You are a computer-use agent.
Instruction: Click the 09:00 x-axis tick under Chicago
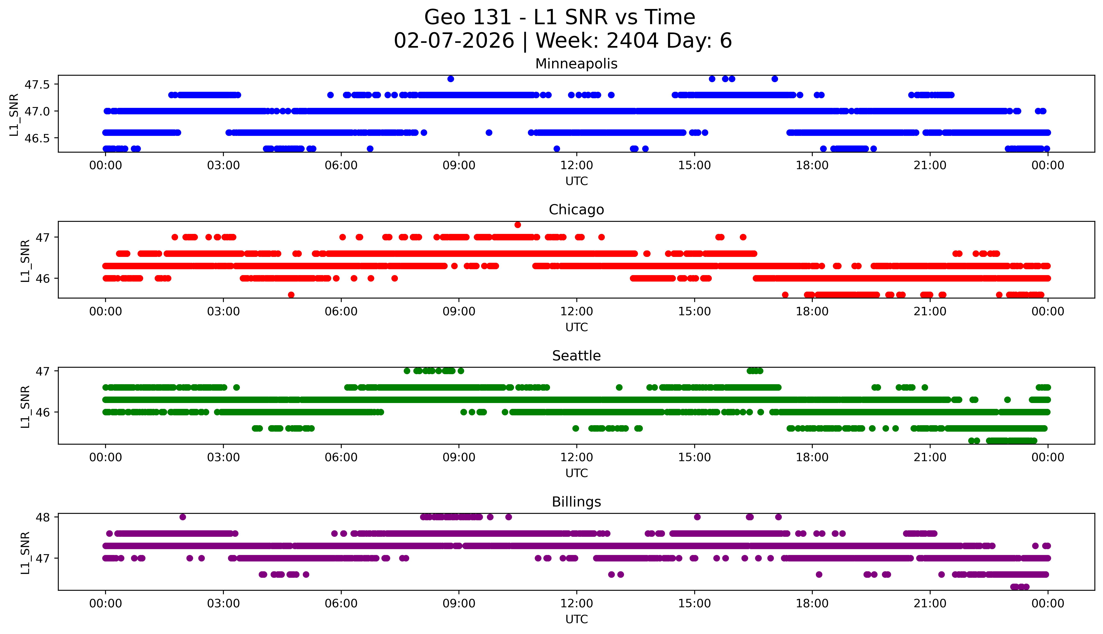[459, 312]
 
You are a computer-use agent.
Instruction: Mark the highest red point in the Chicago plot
[518, 225]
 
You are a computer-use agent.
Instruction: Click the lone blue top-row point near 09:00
[451, 79]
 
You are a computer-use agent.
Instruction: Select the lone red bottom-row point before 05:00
[291, 295]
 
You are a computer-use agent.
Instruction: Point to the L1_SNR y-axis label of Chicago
[25, 260]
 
